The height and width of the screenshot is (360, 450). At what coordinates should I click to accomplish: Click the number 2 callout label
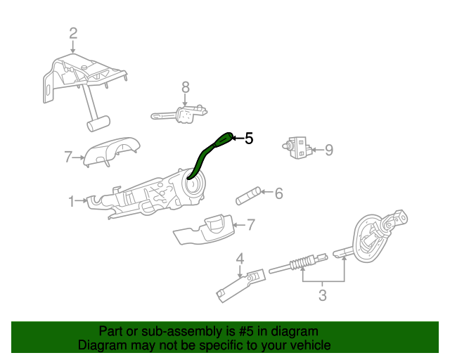click(x=73, y=32)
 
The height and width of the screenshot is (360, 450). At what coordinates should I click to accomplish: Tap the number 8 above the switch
click(x=186, y=87)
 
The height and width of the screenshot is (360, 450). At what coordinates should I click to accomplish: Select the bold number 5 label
click(x=248, y=139)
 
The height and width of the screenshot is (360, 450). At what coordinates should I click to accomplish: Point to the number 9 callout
click(x=328, y=150)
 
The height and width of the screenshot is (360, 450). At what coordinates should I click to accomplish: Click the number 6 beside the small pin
click(x=278, y=193)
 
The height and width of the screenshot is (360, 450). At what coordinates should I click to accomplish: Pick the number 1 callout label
click(x=72, y=202)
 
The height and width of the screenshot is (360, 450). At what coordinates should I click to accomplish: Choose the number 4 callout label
click(x=240, y=259)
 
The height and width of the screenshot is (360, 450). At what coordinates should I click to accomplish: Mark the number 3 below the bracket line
click(x=322, y=295)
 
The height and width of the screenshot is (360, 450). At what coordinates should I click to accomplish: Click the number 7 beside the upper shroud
click(x=68, y=157)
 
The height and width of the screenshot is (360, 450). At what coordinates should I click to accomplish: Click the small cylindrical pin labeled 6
click(x=247, y=195)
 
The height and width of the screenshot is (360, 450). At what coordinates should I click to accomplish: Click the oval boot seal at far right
click(x=369, y=240)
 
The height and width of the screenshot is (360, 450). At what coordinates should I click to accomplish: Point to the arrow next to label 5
click(x=237, y=139)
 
